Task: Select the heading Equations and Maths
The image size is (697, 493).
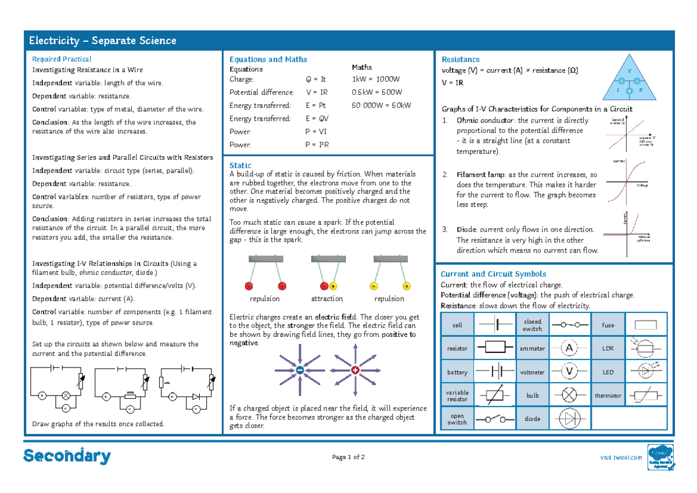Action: [268, 59]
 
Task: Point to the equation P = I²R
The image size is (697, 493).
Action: [317, 145]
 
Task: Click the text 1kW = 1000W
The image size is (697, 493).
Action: [376, 80]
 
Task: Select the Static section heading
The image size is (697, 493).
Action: [240, 165]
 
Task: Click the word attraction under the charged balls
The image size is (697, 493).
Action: [327, 298]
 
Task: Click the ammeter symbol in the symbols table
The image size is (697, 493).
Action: [570, 348]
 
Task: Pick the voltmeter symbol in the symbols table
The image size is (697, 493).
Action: [570, 372]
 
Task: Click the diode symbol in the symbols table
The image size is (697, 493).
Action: [570, 419]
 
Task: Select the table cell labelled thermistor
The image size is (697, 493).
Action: [608, 395]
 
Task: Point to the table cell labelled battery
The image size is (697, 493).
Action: [458, 372]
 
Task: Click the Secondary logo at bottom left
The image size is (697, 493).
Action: [67, 456]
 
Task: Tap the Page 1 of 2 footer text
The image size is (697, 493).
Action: [348, 458]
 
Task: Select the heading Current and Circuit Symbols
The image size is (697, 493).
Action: [493, 274]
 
